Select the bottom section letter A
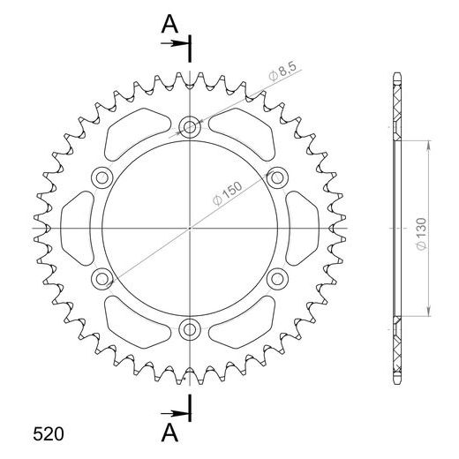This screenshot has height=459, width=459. point(169,432)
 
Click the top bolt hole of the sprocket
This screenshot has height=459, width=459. point(190,126)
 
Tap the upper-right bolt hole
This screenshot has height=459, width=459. point(277,177)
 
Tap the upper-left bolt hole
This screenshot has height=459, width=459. point(102,177)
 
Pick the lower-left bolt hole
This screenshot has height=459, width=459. point(102,279)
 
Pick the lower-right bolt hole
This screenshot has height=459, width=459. point(277,279)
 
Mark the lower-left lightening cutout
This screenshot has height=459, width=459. point(132,325)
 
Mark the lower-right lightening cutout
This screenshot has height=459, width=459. point(247,325)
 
